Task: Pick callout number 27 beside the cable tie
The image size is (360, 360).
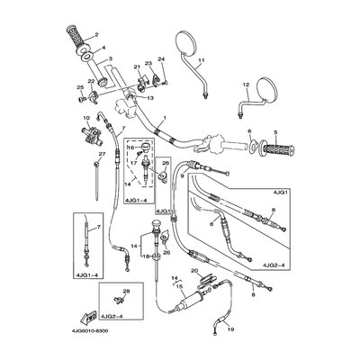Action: [x=102, y=154]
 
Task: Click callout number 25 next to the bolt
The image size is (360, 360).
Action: [x=79, y=87]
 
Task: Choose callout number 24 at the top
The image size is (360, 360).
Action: [x=162, y=58]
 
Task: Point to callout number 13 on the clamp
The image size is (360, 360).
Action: [x=151, y=97]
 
